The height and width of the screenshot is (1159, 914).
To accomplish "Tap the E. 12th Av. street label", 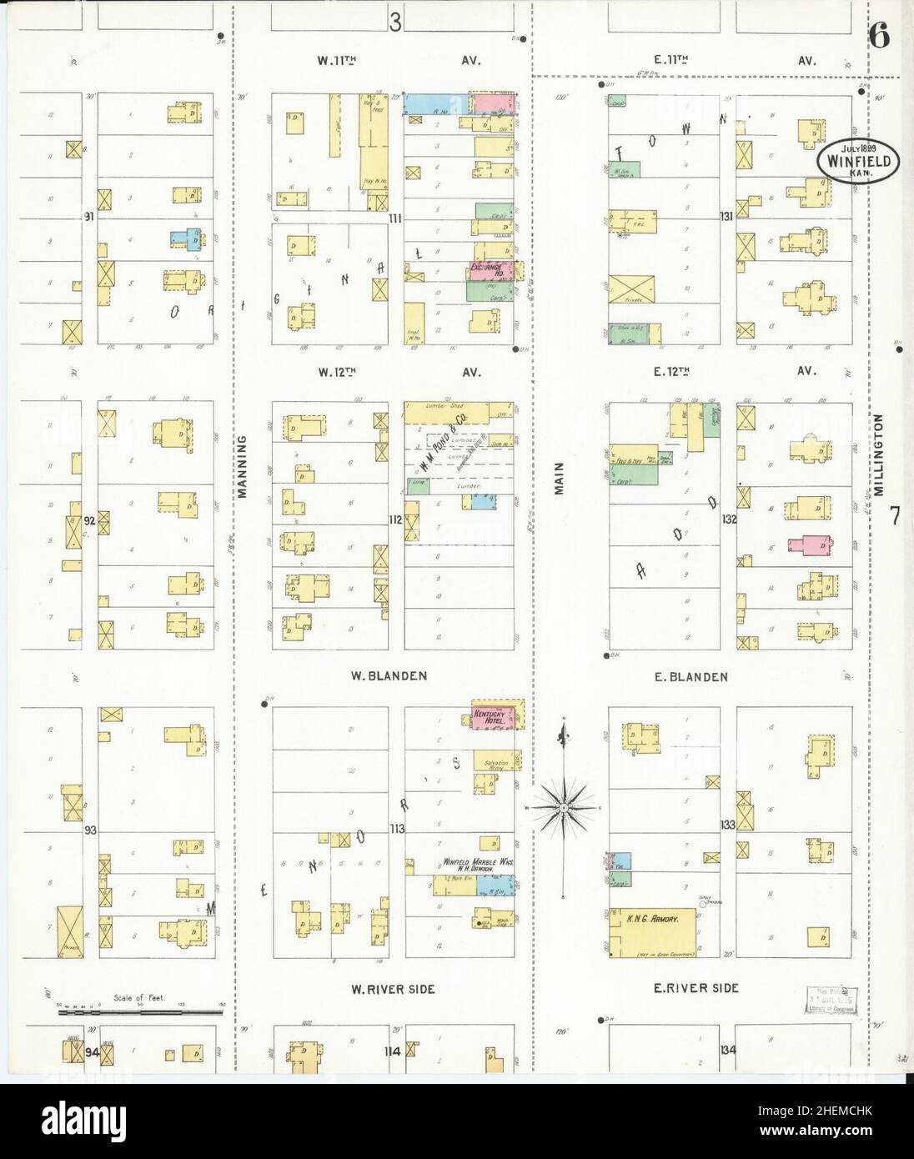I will (727, 371).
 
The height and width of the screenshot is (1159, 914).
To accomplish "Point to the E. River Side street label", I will (696, 988).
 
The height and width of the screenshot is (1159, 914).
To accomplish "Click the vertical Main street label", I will (560, 479).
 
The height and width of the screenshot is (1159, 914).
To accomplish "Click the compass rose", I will (564, 807).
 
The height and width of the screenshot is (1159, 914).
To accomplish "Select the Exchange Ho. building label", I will (490, 271).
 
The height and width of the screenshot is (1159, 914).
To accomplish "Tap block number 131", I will (728, 216).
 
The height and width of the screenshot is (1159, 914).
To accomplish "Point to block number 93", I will (90, 830).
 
